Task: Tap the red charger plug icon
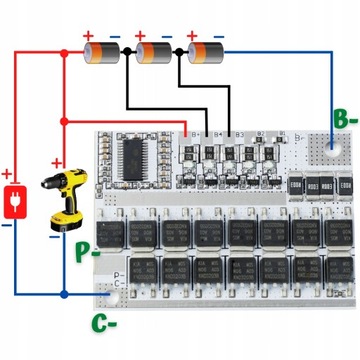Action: coord(14,198)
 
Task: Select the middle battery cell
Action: coord(156,51)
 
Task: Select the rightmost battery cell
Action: coord(206,51)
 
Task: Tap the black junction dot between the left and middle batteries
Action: coord(128,51)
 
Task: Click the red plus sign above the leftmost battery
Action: coord(88,33)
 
